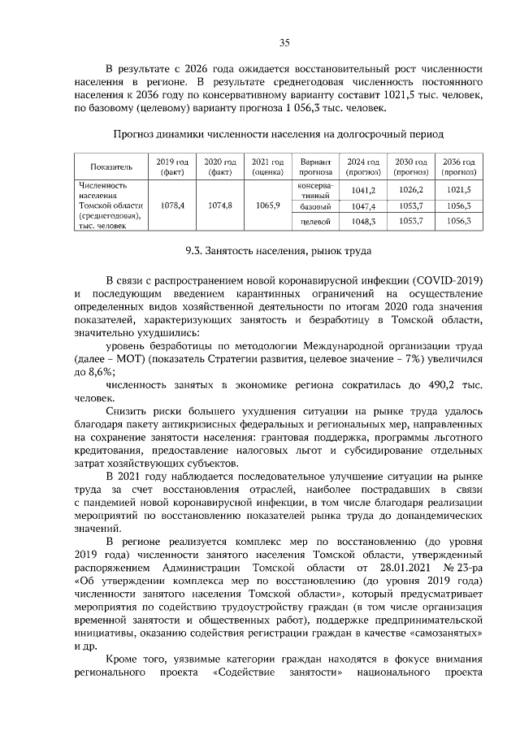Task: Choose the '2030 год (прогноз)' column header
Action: coord(411,166)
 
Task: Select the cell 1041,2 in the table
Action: coord(362,189)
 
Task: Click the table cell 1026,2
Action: coord(411,189)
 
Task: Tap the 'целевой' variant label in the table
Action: coord(314,221)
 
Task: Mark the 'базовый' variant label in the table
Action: coord(314,207)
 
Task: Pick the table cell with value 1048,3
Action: coord(362,221)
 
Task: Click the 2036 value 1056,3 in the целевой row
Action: coord(459,221)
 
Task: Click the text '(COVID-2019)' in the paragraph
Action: coord(451,279)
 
